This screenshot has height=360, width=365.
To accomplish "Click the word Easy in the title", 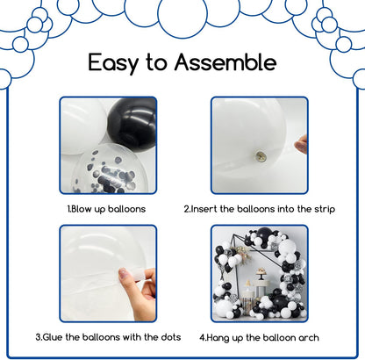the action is pyautogui.click(x=113, y=63).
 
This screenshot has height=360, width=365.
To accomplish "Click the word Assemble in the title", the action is pyautogui.click(x=225, y=61).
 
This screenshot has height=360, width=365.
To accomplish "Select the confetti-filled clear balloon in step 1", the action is pyautogui.click(x=111, y=169).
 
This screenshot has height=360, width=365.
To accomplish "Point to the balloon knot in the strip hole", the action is pyautogui.click(x=261, y=155).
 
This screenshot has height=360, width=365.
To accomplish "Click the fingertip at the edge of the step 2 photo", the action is pyautogui.click(x=301, y=144).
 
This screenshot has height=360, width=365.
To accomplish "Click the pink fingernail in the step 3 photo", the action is pyautogui.click(x=123, y=274).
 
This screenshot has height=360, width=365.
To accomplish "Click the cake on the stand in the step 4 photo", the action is pyautogui.click(x=261, y=271).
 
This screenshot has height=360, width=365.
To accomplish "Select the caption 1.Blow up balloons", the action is pyautogui.click(x=106, y=209).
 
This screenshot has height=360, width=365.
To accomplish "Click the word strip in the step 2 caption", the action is pyautogui.click(x=325, y=210).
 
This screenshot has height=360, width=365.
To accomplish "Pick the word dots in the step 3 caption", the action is pyautogui.click(x=171, y=337).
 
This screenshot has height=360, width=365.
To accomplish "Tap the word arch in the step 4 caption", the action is pyautogui.click(x=309, y=338).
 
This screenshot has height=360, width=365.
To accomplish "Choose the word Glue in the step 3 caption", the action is pyautogui.click(x=53, y=337).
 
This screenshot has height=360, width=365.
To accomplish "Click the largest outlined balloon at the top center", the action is pyautogui.click(x=182, y=15).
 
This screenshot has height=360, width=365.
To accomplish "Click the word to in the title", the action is pyautogui.click(x=156, y=62).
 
